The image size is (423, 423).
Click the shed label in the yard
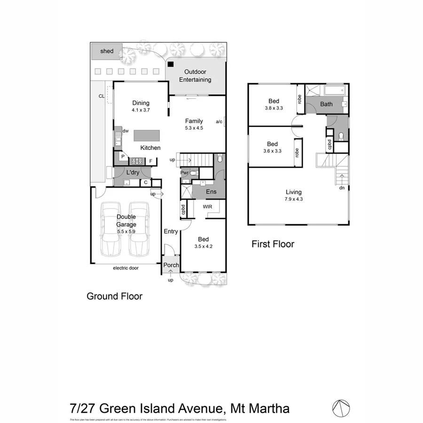[x=107, y=51]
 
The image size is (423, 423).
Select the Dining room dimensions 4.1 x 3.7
[x=141, y=110]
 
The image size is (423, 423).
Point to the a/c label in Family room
[x=219, y=122]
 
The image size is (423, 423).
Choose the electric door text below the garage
[x=126, y=268]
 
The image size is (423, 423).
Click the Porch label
[x=171, y=265]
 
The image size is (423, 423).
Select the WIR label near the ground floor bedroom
[x=208, y=206]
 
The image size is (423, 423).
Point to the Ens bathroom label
[x=211, y=192]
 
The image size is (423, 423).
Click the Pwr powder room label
[x=184, y=172]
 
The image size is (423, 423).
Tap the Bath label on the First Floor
[x=326, y=104]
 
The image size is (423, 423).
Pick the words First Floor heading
[x=273, y=244]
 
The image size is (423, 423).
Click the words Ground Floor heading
[x=114, y=296]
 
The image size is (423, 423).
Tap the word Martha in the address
[x=266, y=408]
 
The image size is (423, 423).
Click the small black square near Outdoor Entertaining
[x=171, y=64]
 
